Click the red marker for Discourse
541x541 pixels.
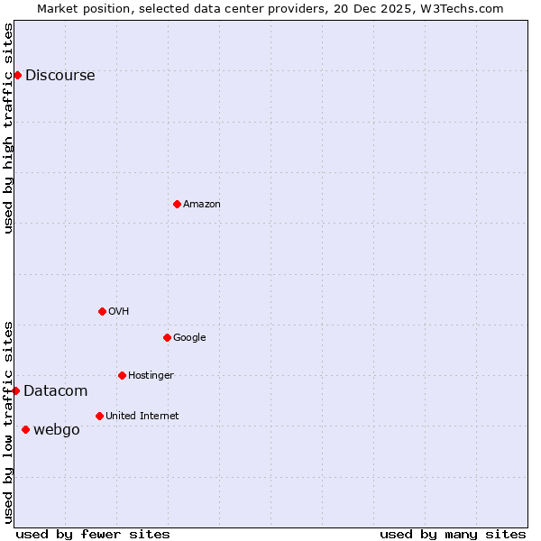pyautogui.click(x=17, y=75)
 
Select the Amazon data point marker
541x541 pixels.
pyautogui.click(x=177, y=204)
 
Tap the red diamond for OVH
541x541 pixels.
pyautogui.click(x=102, y=311)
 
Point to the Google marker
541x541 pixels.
pyautogui.click(x=167, y=337)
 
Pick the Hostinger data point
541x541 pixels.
pyautogui.click(x=122, y=375)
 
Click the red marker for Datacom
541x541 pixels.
pyautogui.click(x=15, y=390)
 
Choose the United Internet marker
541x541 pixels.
pyautogui.click(x=99, y=416)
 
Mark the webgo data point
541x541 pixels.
pyautogui.click(x=25, y=429)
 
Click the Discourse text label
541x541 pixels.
pyautogui.click(x=60, y=76)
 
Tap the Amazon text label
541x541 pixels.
pyautogui.click(x=201, y=205)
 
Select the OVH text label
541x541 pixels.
pyautogui.click(x=118, y=312)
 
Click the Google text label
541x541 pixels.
pyautogui.click(x=189, y=338)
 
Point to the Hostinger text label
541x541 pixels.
pyautogui.click(x=151, y=376)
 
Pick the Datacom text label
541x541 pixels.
pyautogui.click(x=55, y=391)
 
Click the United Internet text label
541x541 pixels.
pyautogui.click(x=142, y=417)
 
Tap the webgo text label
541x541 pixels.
pyautogui.click(x=56, y=430)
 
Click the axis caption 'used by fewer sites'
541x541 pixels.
pyautogui.click(x=93, y=534)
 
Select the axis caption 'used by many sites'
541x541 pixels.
pyautogui.click(x=453, y=534)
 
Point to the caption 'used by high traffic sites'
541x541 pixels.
pyautogui.click(x=8, y=128)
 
